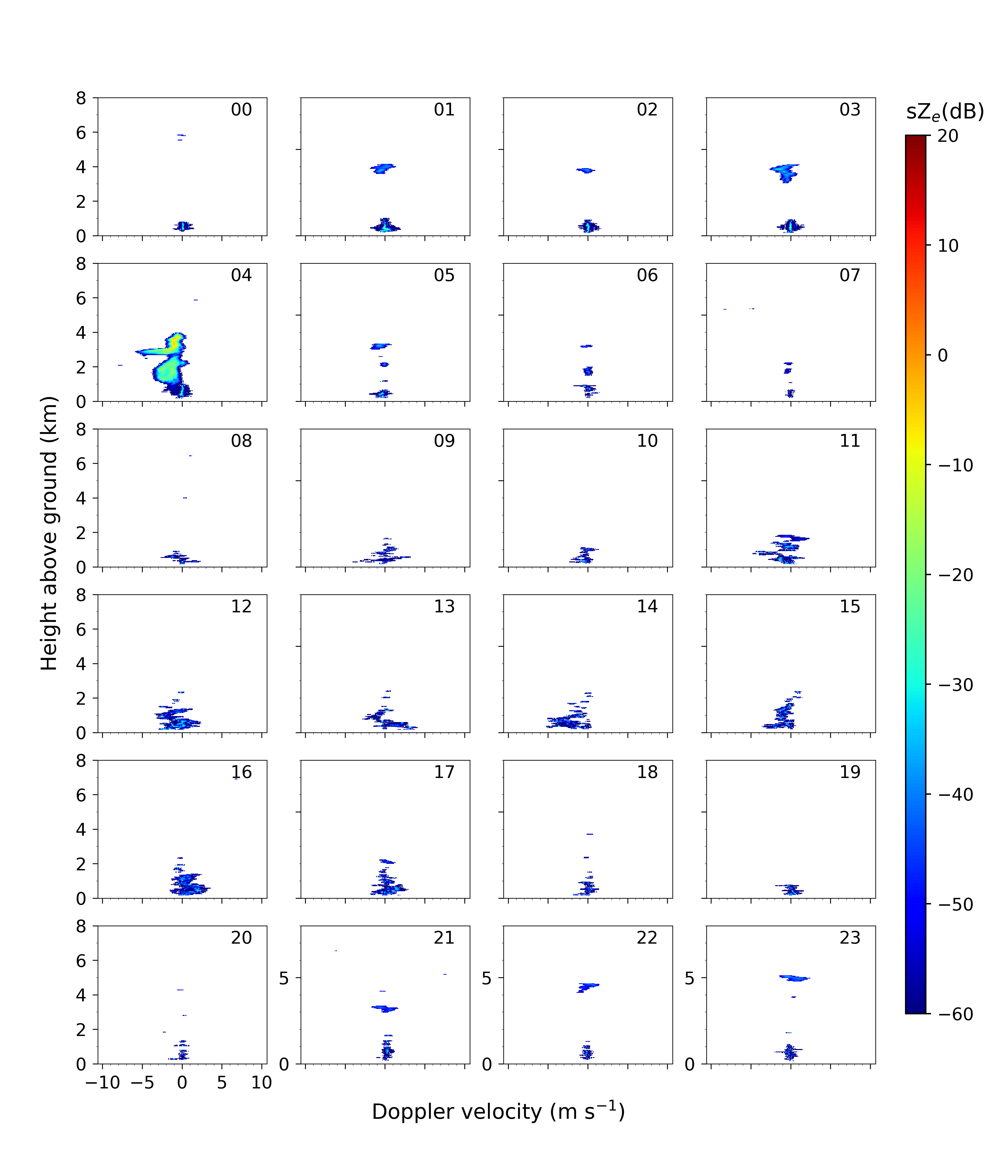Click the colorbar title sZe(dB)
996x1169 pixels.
tap(945, 112)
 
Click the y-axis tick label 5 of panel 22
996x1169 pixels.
tap(486, 978)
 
